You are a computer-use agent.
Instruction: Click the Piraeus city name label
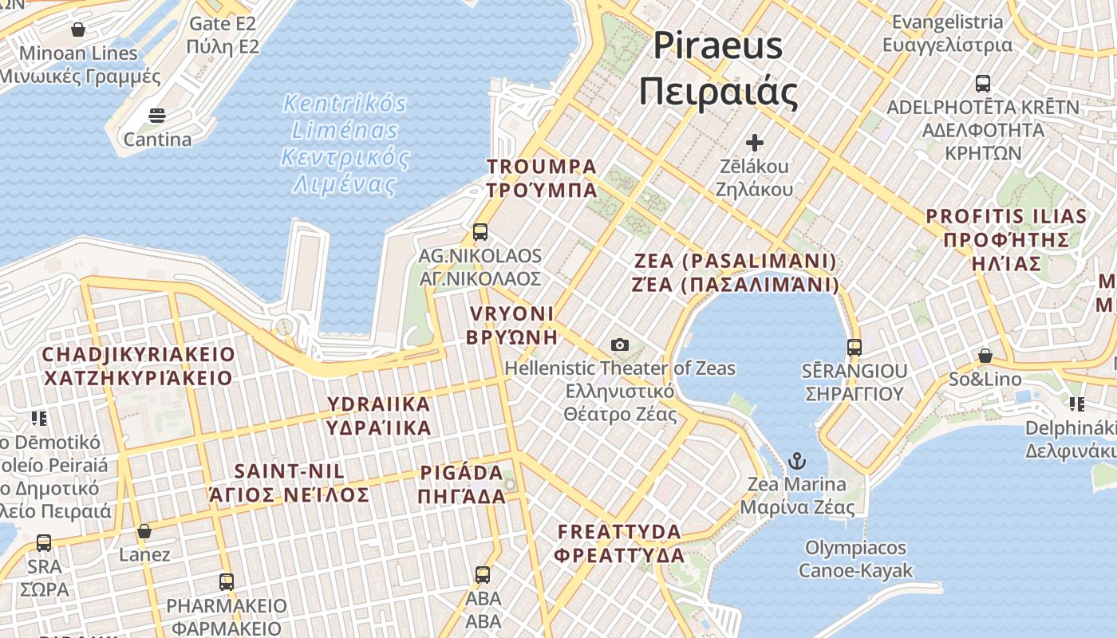718,69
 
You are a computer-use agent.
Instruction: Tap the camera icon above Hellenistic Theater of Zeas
620,345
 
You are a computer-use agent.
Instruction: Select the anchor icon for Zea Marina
796,461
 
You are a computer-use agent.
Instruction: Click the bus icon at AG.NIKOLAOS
480,232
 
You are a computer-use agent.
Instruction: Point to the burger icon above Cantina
157,116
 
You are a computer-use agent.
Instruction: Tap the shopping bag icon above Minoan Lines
78,30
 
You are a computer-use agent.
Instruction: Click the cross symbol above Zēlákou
754,144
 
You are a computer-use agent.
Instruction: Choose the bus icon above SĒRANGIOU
855,348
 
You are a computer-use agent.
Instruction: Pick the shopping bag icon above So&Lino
985,356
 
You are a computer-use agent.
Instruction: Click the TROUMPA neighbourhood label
542,178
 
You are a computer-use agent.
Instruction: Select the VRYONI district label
511,325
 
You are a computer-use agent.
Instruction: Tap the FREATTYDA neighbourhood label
620,543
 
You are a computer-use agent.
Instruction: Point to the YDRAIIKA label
379,415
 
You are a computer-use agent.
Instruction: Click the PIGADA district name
462,484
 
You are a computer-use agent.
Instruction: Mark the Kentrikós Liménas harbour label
345,144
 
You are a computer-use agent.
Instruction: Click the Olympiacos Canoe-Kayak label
855,559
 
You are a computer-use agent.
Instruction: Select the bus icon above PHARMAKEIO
227,582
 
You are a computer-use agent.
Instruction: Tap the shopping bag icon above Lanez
144,531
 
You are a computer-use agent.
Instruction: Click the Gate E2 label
223,35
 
